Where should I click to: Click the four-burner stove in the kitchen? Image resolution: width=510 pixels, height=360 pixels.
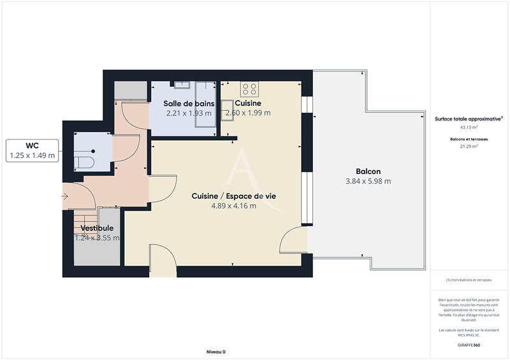pos(249,89)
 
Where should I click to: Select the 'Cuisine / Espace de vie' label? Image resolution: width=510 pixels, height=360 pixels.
pos(233,196)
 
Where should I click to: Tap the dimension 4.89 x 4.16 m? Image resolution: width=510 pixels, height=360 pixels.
pos(233,206)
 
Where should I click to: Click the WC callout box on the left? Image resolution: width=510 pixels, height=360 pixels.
pos(33,150)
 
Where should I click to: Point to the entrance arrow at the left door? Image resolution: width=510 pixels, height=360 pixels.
pos(66,197)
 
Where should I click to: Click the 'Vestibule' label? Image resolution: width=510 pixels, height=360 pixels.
pos(98,228)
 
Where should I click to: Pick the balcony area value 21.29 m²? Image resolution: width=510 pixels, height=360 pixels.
pos(469,146)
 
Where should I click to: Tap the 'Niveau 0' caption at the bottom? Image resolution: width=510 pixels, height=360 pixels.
pos(216,352)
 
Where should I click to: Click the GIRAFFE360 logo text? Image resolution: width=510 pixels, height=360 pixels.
pos(469,345)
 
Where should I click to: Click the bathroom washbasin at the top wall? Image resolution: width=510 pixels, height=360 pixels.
pos(181,83)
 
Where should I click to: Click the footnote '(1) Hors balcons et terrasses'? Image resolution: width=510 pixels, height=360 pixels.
pos(469,280)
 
